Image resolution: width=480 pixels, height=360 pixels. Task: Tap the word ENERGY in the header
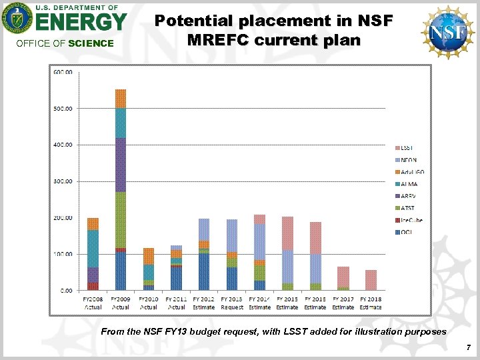pos(80,23)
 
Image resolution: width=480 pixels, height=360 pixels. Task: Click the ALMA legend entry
pos(410,184)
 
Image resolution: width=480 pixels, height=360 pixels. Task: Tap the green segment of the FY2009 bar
pos(121,220)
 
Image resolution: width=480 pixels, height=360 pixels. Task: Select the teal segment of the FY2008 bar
pos(93,249)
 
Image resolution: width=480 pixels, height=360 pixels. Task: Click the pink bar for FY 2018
pos(371,280)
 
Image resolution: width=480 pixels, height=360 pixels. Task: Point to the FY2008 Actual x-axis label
pos(93,304)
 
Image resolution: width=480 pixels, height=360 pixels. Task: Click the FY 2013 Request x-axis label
pos(232,304)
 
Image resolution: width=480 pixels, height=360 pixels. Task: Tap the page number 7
pos(469,347)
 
